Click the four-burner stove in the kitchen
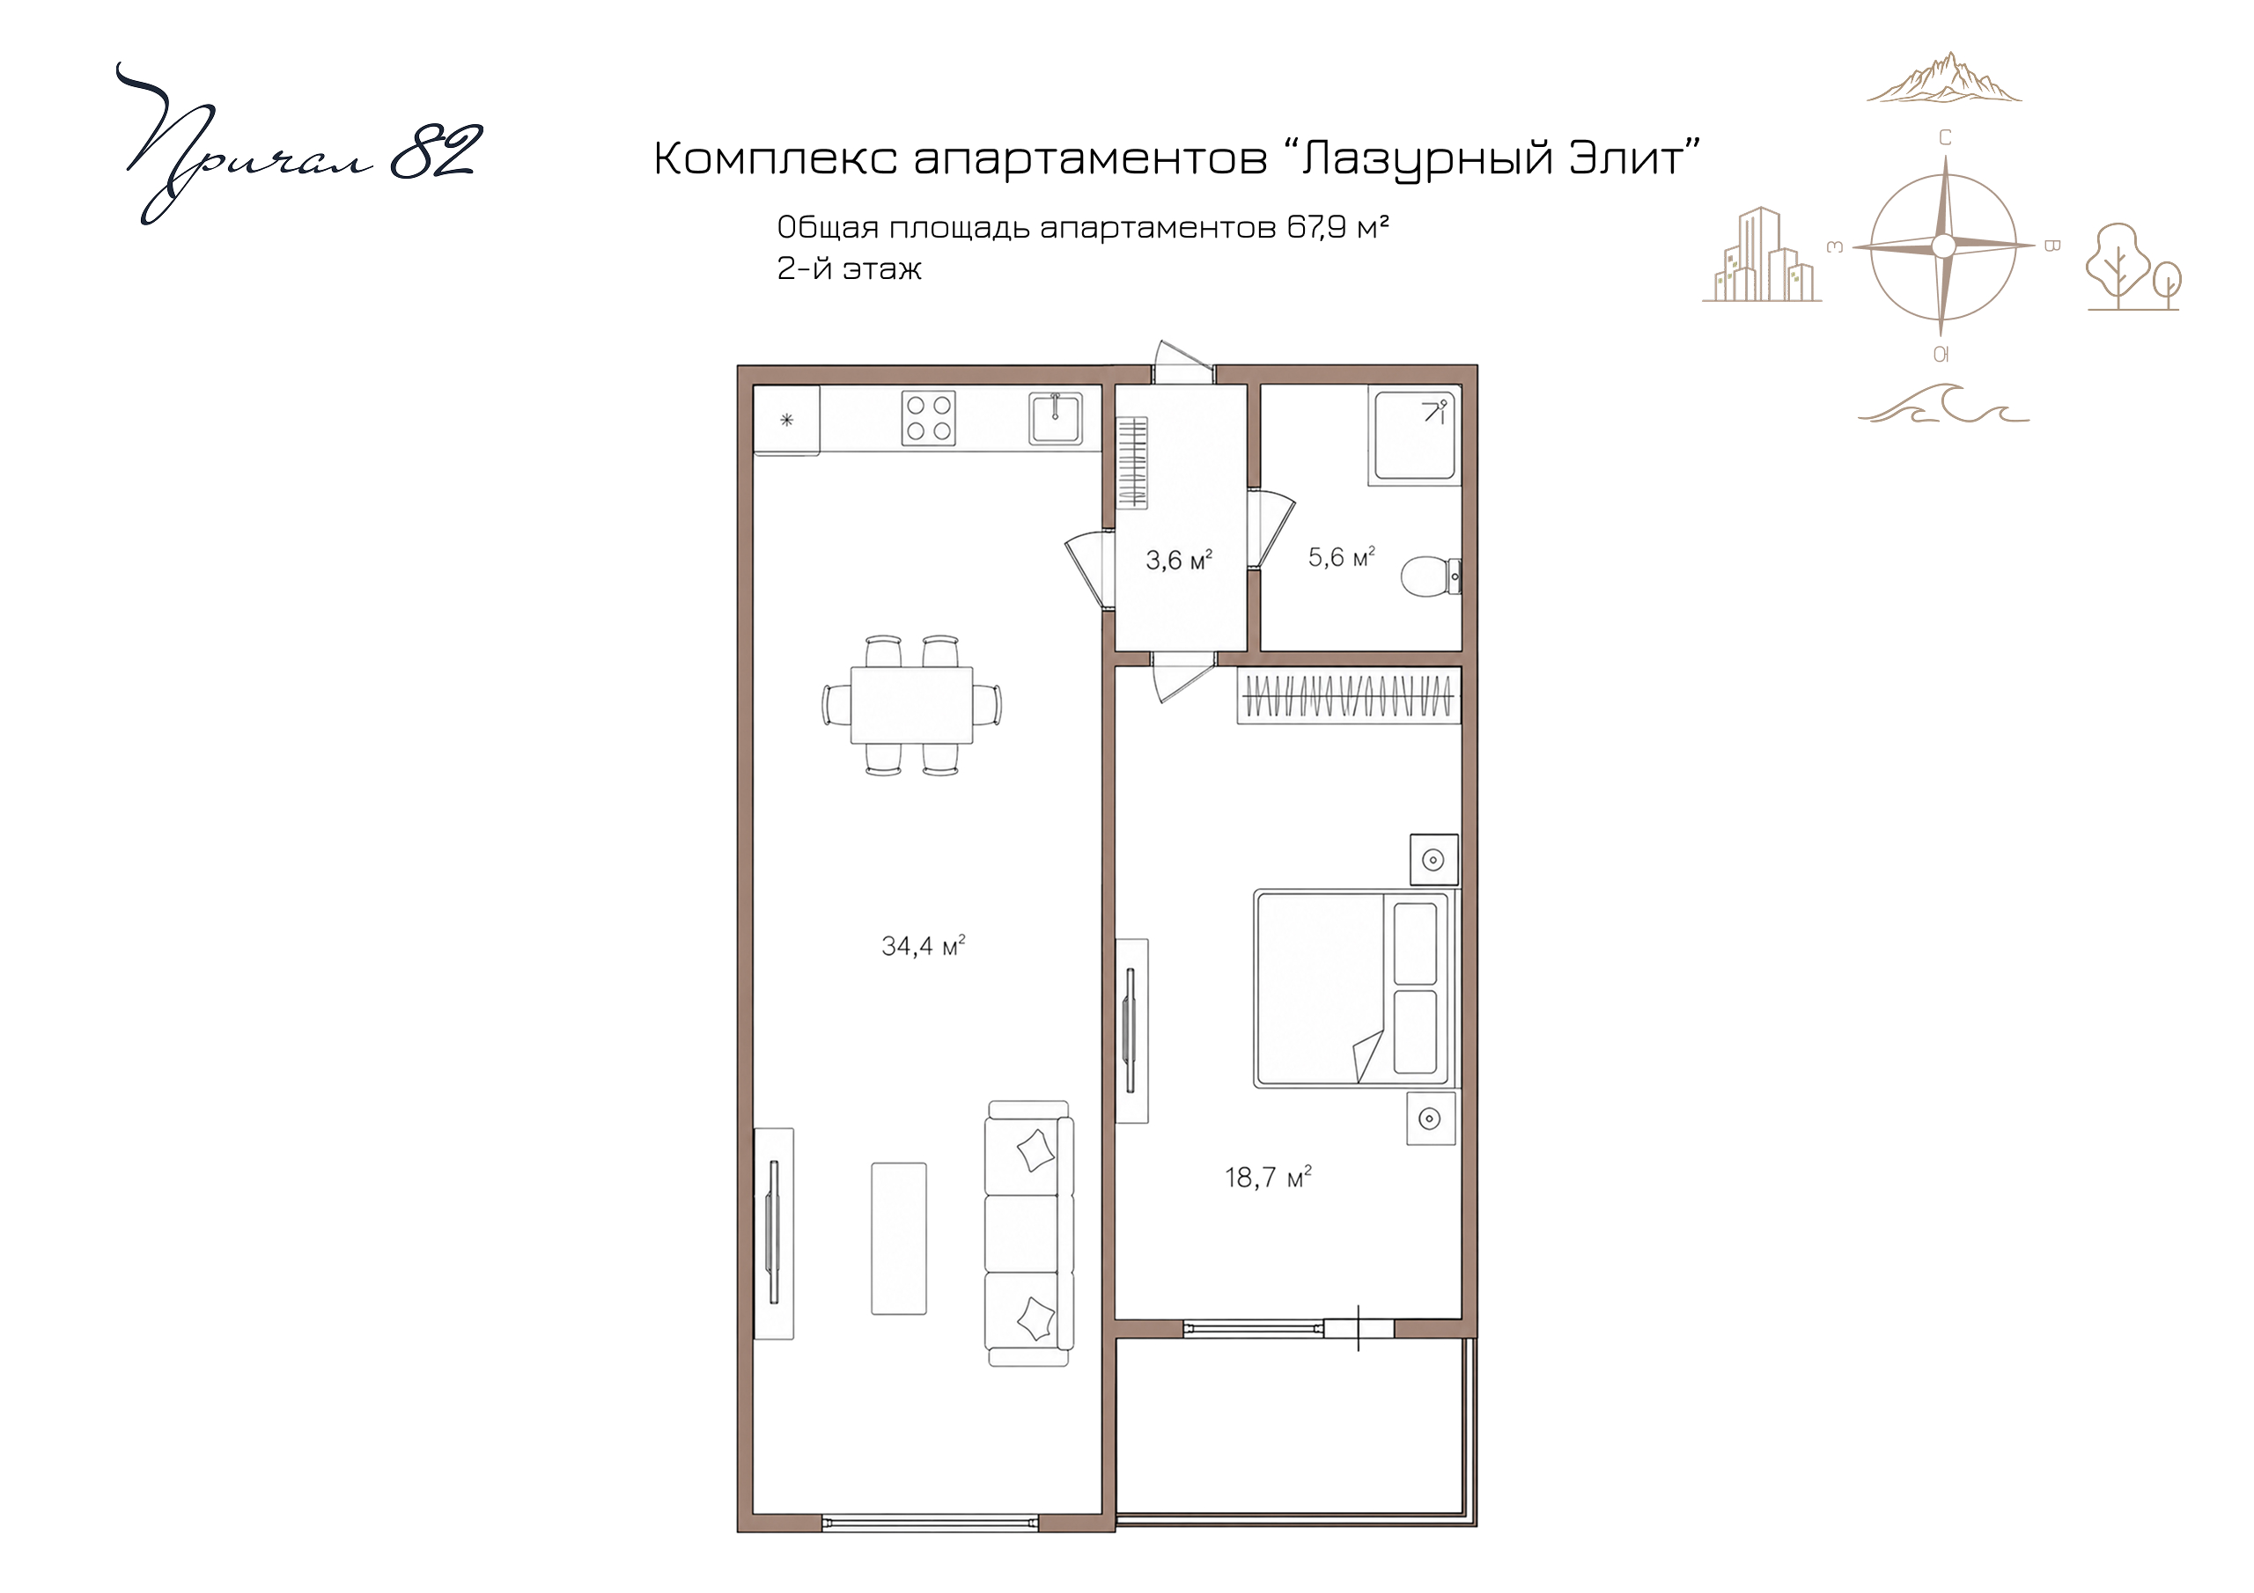pyautogui.click(x=929, y=419)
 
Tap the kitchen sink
pyautogui.click(x=1056, y=418)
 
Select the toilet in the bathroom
pyautogui.click(x=1432, y=576)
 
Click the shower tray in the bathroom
pyautogui.click(x=1414, y=436)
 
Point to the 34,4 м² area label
pyautogui.click(x=923, y=946)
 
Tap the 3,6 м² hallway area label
pyautogui.click(x=1179, y=561)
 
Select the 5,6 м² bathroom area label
pyautogui.click(x=1341, y=557)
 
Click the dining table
pyautogui.click(x=912, y=705)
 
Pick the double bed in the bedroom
pyautogui.click(x=1355, y=988)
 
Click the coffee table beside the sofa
pyautogui.click(x=899, y=1238)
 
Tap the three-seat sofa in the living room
pyautogui.click(x=1029, y=1234)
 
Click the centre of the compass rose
pyautogui.click(x=1943, y=246)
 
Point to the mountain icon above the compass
pyautogui.click(x=1944, y=77)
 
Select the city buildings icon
pyautogui.click(x=1761, y=254)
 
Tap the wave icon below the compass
pyautogui.click(x=1944, y=403)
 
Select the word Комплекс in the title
pyautogui.click(x=776, y=159)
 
